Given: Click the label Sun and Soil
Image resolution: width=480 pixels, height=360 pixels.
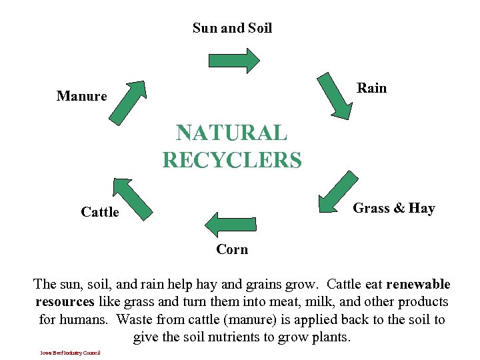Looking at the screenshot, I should click(232, 28).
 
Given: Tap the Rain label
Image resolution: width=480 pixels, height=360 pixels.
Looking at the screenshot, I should click(371, 88).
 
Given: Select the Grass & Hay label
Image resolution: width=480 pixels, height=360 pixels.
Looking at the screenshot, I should click(393, 208).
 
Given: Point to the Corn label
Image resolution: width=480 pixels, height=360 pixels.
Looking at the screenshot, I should click(232, 249).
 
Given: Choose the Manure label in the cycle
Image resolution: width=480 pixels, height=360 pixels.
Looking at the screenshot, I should click(81, 96).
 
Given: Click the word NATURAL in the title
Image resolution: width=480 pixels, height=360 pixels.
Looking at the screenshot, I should click(232, 133).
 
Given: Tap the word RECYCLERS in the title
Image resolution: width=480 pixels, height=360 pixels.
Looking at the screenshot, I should click(232, 160).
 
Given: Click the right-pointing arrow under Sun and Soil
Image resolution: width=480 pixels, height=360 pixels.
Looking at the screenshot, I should click(234, 60).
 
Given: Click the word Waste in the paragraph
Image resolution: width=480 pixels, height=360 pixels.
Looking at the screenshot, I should click(135, 319).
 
